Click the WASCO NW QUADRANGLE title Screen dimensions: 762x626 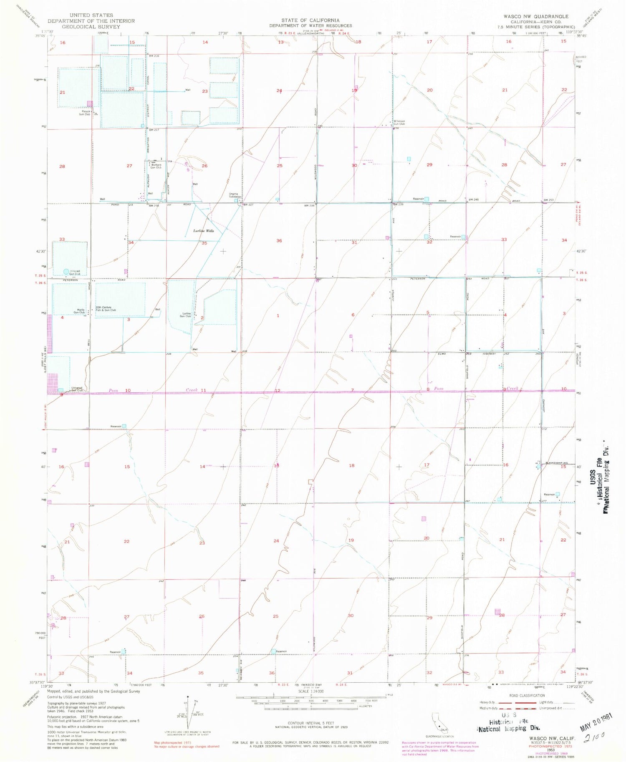(535, 17)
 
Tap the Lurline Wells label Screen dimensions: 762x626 (203, 231)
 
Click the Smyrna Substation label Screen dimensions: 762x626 (235, 195)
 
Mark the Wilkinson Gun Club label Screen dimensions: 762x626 (399, 123)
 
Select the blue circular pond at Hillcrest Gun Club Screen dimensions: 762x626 (66, 272)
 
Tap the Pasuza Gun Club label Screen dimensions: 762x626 (85, 113)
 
